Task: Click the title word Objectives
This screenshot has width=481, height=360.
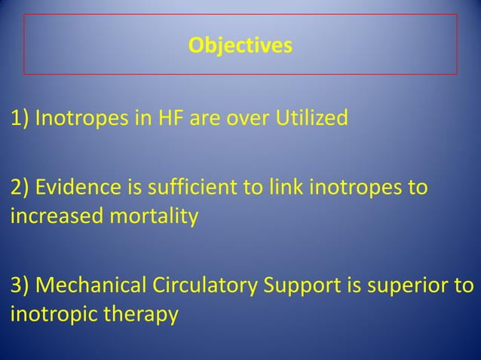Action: click(240, 47)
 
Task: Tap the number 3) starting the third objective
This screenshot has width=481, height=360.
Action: click(20, 288)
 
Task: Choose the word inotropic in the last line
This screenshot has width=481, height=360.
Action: click(49, 313)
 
